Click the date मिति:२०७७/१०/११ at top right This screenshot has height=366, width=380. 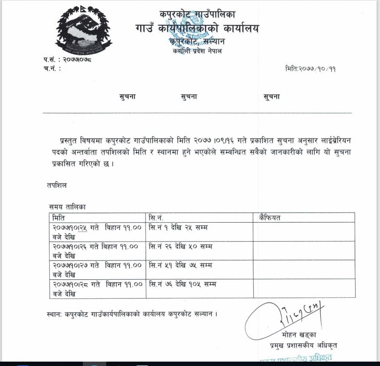click(310, 69)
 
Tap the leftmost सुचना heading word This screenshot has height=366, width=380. click(128, 96)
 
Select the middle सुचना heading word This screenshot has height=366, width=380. click(189, 96)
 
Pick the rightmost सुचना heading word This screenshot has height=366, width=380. click(271, 96)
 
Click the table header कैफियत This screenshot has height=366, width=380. click(270, 217)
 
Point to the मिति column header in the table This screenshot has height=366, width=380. click(59, 217)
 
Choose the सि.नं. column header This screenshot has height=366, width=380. click(157, 217)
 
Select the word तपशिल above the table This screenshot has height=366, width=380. click(57, 185)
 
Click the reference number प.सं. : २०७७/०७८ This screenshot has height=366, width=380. click(67, 59)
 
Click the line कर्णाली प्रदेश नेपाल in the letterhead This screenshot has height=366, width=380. click(197, 51)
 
